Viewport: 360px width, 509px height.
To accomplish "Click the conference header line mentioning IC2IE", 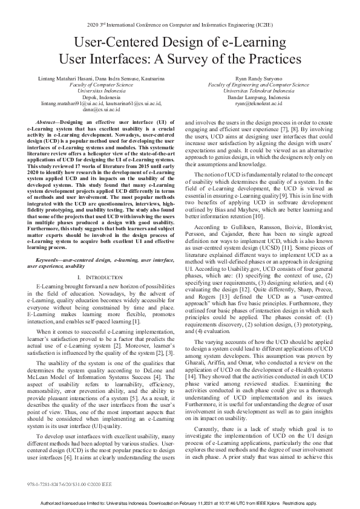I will [x=180, y=25].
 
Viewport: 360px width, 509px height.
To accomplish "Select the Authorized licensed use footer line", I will [x=180, y=503].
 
